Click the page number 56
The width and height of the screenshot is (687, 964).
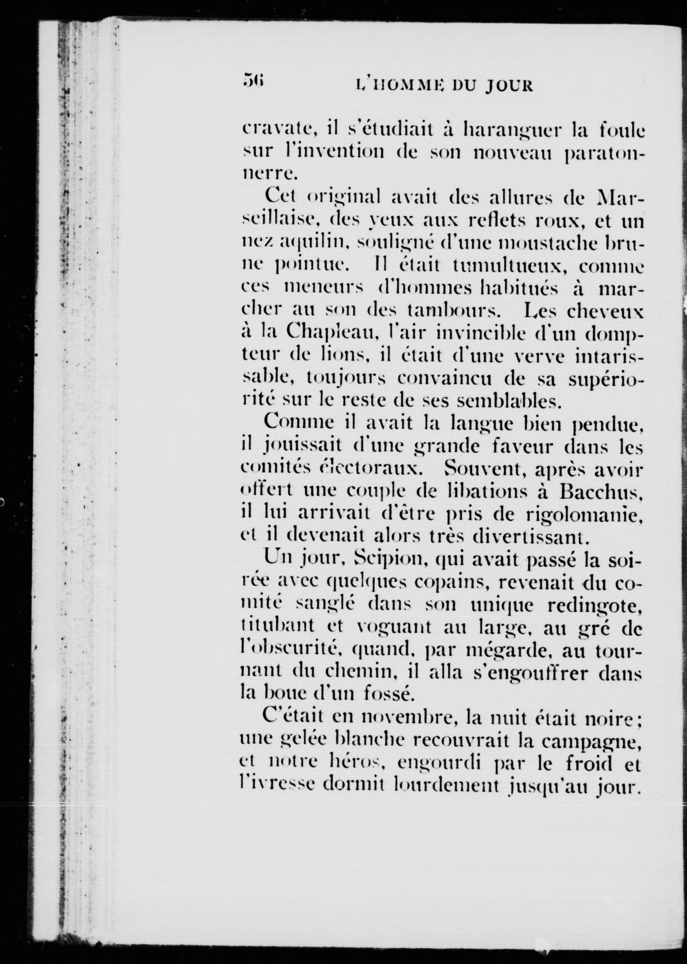tap(253, 80)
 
